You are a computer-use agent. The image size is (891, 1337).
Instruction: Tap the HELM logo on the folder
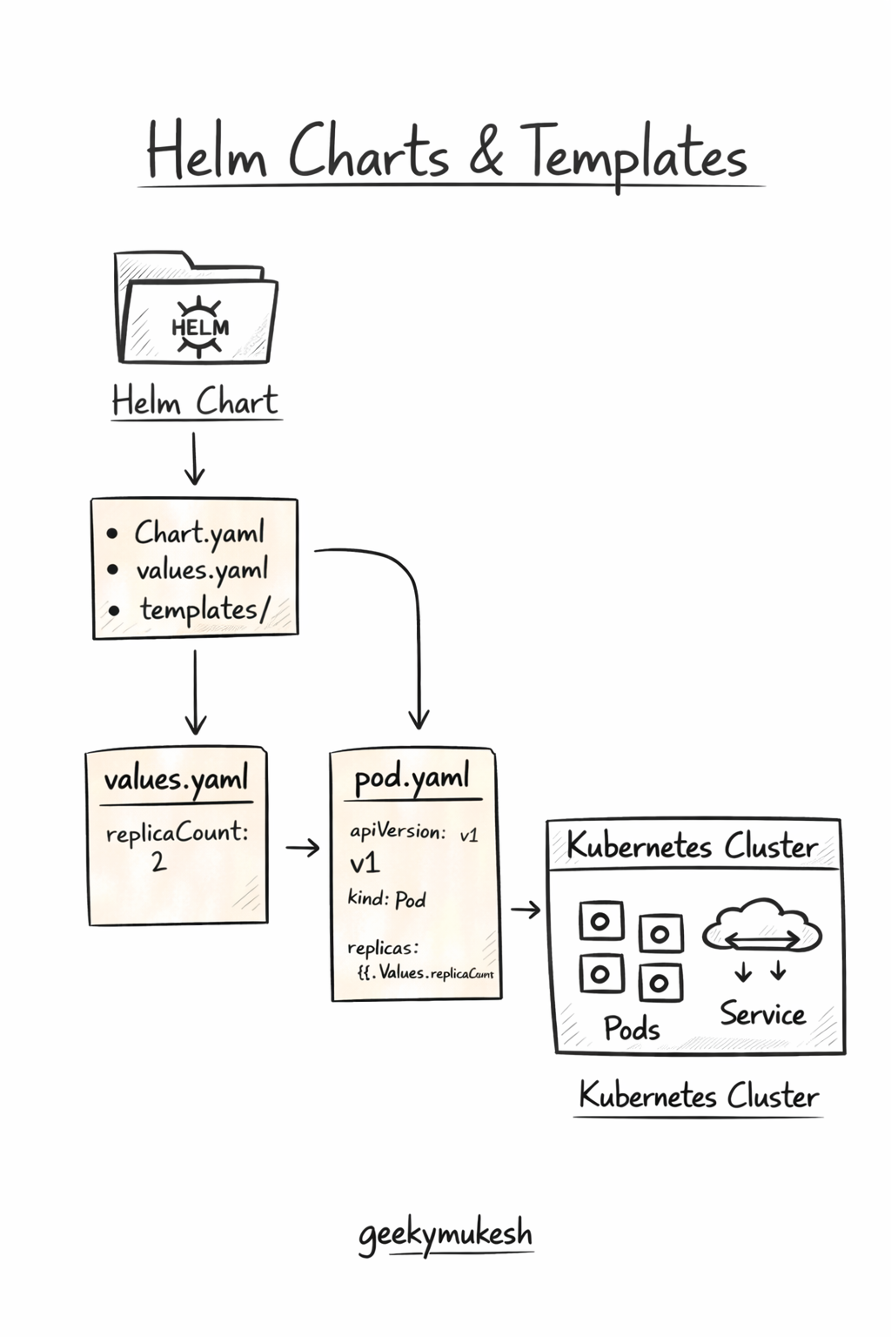[x=200, y=326]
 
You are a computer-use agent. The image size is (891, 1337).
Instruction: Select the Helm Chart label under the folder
[x=195, y=401]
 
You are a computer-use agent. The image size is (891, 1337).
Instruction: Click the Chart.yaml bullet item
[x=198, y=532]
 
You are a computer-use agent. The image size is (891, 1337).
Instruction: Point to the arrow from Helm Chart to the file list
[x=194, y=458]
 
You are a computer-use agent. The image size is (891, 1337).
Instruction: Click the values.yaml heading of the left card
[x=177, y=778]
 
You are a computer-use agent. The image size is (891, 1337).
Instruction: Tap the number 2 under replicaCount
[x=158, y=862]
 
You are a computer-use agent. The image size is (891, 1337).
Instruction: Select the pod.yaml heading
[x=412, y=776]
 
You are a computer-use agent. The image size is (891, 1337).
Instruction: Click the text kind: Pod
[x=386, y=898]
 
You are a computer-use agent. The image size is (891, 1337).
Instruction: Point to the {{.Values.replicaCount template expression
[x=425, y=973]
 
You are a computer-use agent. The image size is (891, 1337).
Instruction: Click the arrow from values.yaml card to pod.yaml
[x=302, y=847]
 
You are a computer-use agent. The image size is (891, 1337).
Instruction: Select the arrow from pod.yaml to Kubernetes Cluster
[x=526, y=910]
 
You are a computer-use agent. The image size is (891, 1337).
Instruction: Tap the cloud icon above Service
[x=761, y=925]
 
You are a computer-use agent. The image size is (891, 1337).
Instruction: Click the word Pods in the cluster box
[x=632, y=1028]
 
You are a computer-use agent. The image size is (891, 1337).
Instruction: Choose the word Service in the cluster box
[x=762, y=1014]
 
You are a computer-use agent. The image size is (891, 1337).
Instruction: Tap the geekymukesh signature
[x=445, y=1234]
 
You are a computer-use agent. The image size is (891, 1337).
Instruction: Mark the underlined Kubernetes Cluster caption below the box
[x=699, y=1095]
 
